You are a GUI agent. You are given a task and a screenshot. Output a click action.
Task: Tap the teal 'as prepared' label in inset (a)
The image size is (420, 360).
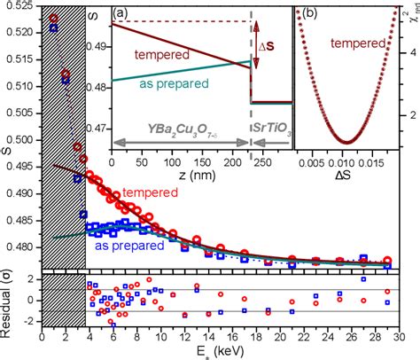173,109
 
